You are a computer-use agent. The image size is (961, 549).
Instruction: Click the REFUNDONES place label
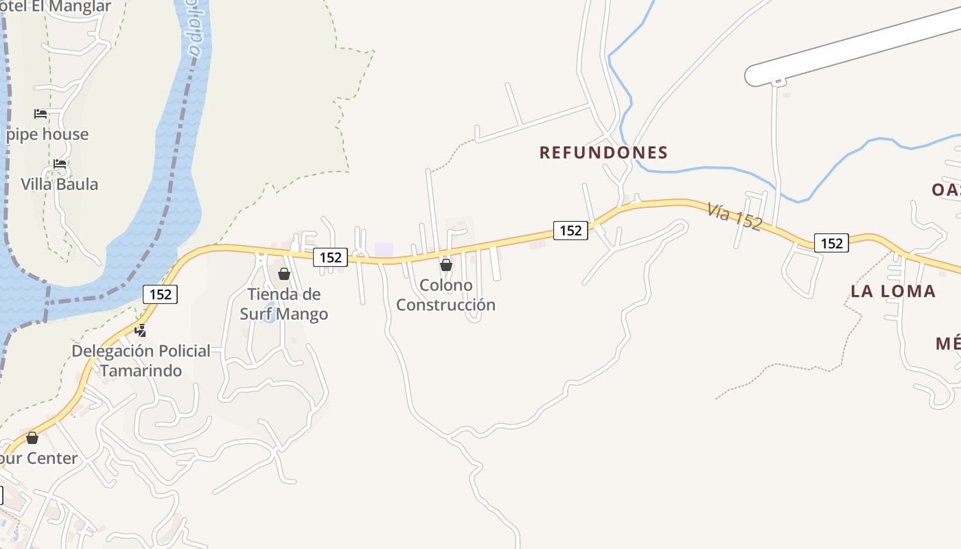point(603,152)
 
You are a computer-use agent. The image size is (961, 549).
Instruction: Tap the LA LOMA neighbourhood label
point(893,291)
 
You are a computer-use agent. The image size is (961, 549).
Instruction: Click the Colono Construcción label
point(445,295)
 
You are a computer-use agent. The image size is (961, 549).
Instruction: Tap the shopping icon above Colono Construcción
point(446,265)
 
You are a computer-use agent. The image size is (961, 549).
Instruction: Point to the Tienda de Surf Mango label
point(283,304)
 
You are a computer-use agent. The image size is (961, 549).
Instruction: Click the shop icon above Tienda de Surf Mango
point(284,274)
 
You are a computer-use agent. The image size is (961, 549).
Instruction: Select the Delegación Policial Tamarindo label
point(141,361)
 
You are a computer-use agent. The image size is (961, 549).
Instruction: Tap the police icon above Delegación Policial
point(141,331)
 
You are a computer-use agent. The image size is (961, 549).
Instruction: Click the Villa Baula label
point(59,184)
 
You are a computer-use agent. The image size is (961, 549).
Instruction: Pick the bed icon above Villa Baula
point(60,164)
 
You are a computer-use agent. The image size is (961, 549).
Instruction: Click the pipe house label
point(47,135)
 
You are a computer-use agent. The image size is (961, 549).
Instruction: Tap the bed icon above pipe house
point(40,113)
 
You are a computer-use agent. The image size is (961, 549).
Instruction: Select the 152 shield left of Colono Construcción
point(331,257)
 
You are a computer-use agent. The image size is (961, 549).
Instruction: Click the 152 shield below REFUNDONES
point(570,231)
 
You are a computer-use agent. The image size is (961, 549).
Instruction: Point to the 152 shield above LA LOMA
point(831,243)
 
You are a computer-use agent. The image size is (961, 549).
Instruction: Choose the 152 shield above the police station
point(161,294)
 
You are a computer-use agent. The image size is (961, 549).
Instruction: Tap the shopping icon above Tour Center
point(32,438)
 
